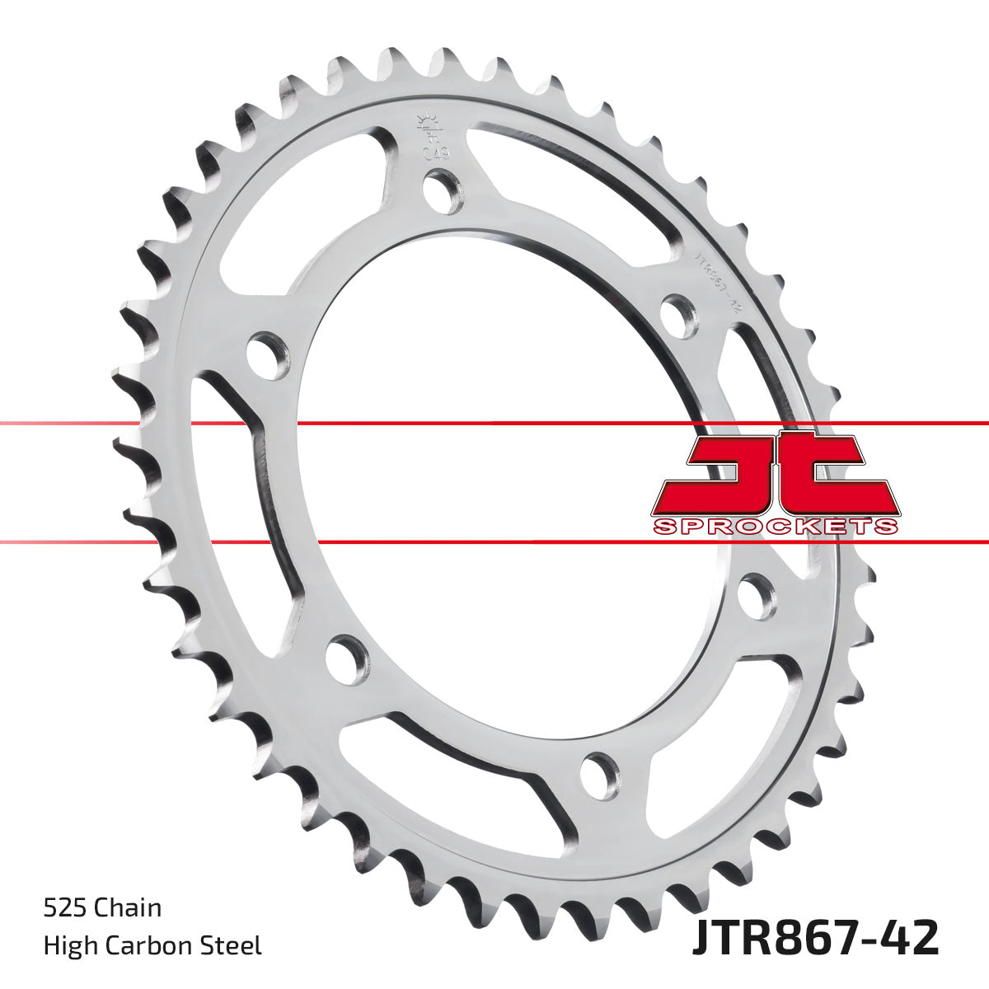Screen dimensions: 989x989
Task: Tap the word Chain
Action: pos(128,909)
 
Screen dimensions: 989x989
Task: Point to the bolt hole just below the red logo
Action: pos(757,595)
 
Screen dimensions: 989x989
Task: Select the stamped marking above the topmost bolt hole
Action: pos(427,136)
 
